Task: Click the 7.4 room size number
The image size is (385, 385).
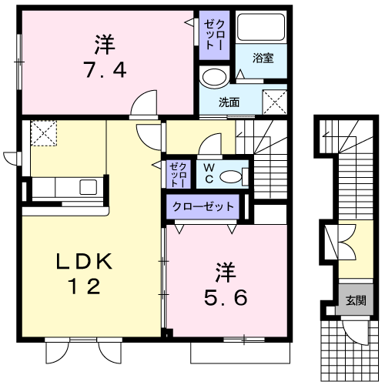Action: [105, 70]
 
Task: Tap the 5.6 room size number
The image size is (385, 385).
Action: [226, 297]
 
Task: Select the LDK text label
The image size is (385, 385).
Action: [84, 261]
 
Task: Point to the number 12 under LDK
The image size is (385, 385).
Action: [84, 286]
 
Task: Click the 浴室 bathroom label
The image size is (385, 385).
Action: [263, 58]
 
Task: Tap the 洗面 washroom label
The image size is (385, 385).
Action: [229, 102]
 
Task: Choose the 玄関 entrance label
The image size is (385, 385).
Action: [356, 300]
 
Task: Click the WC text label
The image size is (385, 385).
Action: [209, 174]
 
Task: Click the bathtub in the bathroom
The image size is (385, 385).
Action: [261, 28]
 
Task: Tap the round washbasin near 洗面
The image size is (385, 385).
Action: [215, 77]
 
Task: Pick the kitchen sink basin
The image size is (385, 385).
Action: [89, 187]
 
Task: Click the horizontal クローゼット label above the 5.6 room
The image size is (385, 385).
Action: [203, 206]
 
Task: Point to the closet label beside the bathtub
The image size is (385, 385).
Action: [214, 35]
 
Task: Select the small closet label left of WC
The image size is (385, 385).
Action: [178, 175]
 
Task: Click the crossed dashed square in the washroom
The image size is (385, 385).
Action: [275, 102]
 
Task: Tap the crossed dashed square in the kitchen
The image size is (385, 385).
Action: [44, 133]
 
